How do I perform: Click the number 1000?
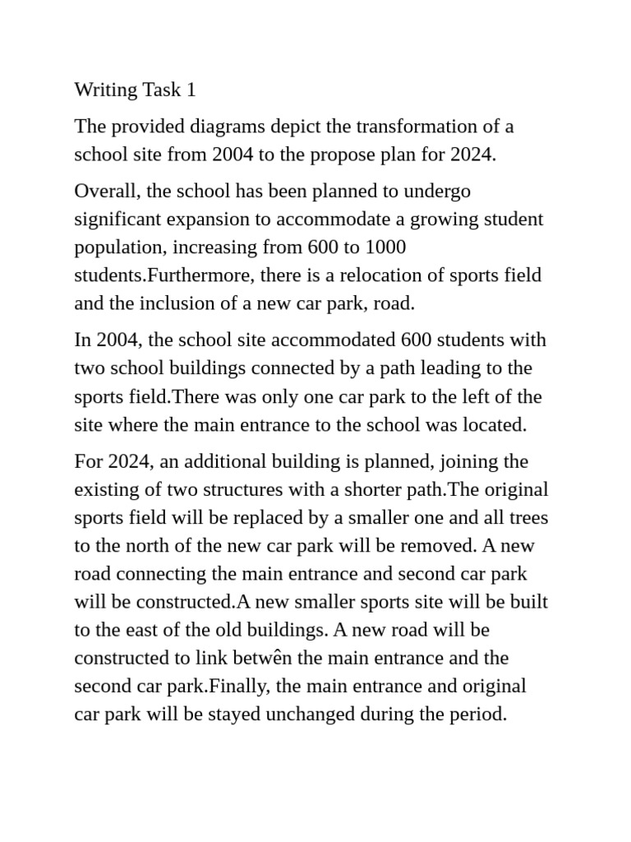(383, 248)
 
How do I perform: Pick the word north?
(150, 546)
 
